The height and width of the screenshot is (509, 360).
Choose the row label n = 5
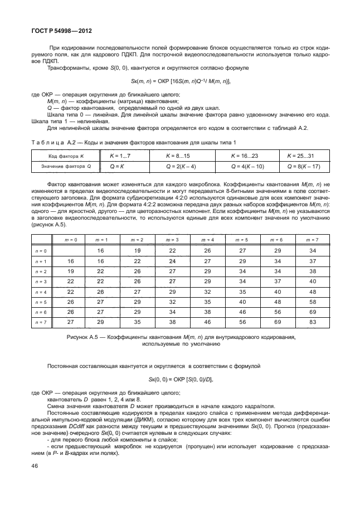point(41,302)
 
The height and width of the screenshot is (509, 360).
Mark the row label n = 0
point(41,251)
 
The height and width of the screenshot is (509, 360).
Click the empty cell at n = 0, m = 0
point(71,251)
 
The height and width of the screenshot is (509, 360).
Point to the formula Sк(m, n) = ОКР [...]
point(180,81)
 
